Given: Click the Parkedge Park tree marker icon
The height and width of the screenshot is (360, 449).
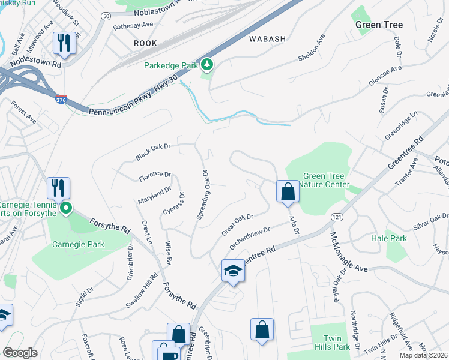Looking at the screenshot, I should click(207, 64).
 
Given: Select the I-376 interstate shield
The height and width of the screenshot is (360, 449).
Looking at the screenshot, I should click(61, 100).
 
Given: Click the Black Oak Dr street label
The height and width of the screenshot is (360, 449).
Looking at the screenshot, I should click(154, 151).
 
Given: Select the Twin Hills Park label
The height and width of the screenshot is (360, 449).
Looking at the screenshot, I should click(336, 343).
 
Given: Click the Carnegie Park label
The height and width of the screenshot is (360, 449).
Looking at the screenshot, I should click(78, 244).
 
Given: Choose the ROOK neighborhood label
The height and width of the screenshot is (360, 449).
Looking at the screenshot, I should click(145, 43).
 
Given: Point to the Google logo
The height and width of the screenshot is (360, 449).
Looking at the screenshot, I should click(20, 353).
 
